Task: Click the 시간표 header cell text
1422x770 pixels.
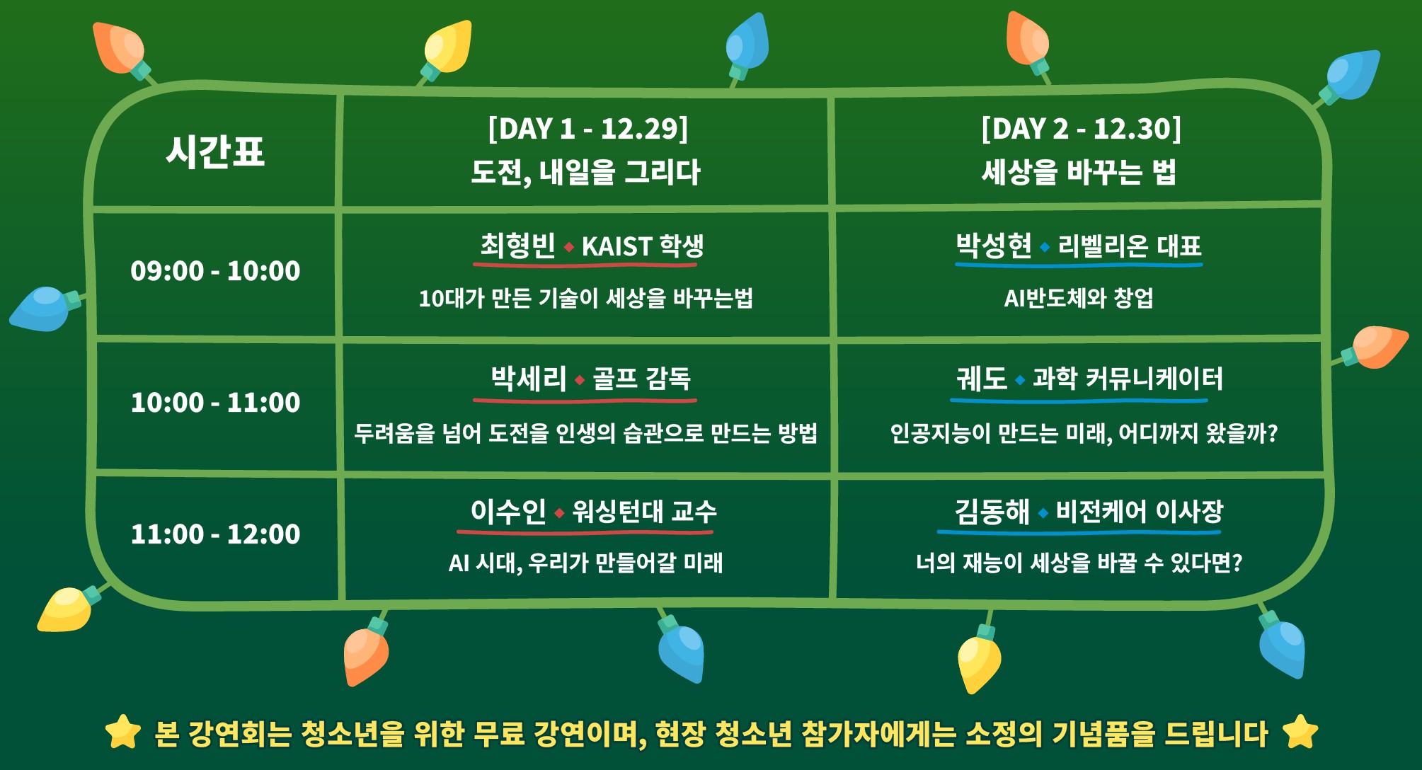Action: [215, 151]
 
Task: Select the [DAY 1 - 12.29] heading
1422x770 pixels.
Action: [587, 129]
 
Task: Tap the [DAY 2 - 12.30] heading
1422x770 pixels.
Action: [1081, 129]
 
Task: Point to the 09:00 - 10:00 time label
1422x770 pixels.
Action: [215, 271]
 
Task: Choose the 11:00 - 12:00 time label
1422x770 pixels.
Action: [215, 534]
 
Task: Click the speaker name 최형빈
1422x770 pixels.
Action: [518, 246]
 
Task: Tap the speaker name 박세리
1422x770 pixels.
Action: [529, 379]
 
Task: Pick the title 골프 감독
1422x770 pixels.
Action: [641, 379]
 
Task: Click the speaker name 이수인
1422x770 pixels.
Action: [508, 512]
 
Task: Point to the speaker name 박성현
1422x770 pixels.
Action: [994, 246]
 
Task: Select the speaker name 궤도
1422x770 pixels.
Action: [982, 379]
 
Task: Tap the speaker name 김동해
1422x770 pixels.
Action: [992, 512]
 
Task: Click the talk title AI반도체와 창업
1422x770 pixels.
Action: [1079, 299]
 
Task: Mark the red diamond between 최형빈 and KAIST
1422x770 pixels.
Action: [569, 247]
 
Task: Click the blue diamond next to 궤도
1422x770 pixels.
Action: [1020, 380]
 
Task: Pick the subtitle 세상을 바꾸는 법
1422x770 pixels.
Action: [1079, 172]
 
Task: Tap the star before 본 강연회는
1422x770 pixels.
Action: [123, 732]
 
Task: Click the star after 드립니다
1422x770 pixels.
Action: [1300, 732]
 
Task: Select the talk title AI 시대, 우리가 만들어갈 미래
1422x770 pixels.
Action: [586, 563]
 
